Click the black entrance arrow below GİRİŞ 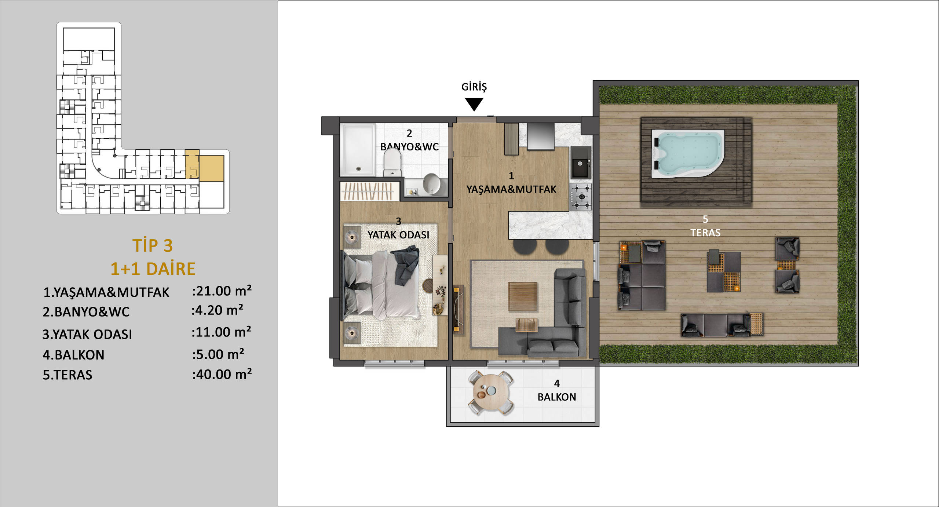click(474, 104)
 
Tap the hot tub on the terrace click(688, 154)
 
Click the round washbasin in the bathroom click(432, 184)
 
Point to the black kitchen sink click(581, 163)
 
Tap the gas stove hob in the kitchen click(581, 197)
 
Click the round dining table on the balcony click(490, 392)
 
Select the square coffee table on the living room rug click(523, 297)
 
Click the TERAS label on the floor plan click(705, 233)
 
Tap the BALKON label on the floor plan click(557, 397)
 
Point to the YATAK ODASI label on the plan click(398, 235)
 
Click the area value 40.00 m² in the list click(222, 374)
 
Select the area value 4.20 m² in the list click(217, 310)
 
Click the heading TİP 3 click(153, 245)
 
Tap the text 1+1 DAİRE click(153, 269)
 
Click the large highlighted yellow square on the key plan click(211, 168)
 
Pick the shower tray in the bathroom click(358, 150)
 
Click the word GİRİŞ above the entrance click(474, 87)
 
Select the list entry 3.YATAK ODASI click(87, 334)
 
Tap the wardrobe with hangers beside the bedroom click(370, 191)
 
